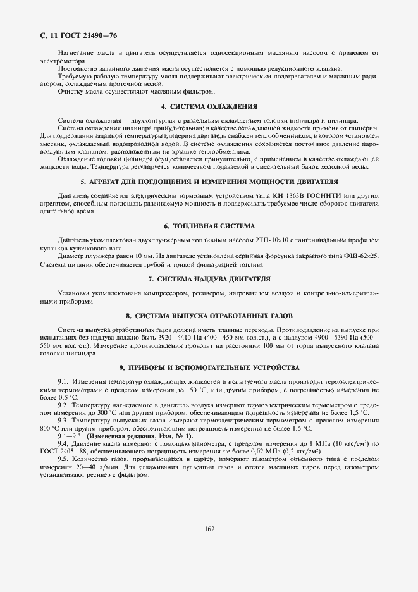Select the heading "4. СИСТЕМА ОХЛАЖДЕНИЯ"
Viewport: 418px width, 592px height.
pyautogui.click(x=209, y=106)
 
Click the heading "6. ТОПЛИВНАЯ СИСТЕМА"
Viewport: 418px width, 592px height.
pyautogui.click(x=209, y=226)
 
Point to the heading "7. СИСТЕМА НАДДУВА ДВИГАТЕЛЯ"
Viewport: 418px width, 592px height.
pyautogui.click(x=209, y=278)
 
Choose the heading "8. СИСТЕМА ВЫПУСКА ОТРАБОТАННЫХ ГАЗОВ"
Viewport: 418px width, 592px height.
pyautogui.click(x=209, y=315)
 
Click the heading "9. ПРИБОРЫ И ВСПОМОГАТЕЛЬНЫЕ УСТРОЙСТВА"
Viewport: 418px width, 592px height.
pyautogui.click(x=209, y=367)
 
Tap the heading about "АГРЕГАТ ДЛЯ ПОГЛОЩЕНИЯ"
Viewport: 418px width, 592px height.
pyautogui.click(x=209, y=182)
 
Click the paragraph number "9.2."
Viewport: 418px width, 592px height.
pyautogui.click(x=63, y=404)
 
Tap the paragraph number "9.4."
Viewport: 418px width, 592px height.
pyautogui.click(x=63, y=445)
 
